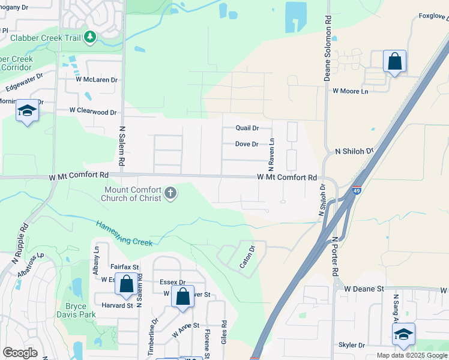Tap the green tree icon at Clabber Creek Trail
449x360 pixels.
pos(90,37)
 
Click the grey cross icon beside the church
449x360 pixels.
pos(170,193)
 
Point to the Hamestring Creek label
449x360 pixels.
pos(124,233)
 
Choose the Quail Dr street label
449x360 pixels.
pos(247,128)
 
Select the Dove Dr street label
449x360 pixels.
pos(246,144)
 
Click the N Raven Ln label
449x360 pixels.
pos(271,153)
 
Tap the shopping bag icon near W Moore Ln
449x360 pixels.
pos(394,61)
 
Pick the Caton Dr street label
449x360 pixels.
pos(247,256)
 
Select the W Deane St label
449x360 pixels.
pos(364,289)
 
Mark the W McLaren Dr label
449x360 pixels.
pos(96,79)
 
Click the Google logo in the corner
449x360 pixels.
pos(20,353)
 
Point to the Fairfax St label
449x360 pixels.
pos(124,266)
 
